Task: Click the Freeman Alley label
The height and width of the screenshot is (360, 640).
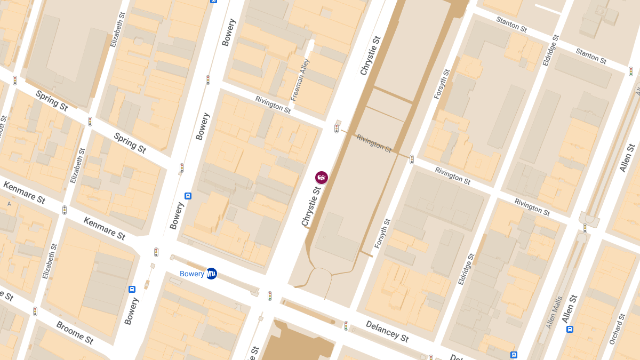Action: coord(300,80)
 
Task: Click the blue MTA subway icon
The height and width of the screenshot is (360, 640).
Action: coord(212,274)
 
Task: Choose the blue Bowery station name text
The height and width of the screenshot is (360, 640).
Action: coord(192,274)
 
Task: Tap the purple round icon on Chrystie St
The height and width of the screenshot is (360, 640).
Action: coord(321,178)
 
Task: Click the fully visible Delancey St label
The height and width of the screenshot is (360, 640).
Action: coord(387,331)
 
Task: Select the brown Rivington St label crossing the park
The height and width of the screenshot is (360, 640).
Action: coord(374,143)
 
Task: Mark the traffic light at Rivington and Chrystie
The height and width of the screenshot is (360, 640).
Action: coord(337,128)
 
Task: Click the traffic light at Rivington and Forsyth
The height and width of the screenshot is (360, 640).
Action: coord(412,159)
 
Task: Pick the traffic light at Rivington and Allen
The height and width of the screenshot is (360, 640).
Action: coord(585,228)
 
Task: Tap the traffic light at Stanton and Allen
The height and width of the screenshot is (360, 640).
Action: coord(631,71)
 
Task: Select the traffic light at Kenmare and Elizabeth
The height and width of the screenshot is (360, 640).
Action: coord(65,210)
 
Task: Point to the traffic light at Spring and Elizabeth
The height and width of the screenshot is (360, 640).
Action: coord(90,122)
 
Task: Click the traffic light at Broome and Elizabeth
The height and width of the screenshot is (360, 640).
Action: coord(35,311)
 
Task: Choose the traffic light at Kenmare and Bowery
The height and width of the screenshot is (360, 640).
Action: coord(156,252)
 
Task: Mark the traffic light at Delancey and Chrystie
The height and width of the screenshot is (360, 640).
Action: coord(270,295)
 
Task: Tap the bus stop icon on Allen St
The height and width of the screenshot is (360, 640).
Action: coord(570,329)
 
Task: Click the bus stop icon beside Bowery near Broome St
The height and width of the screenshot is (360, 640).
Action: coord(132,289)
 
